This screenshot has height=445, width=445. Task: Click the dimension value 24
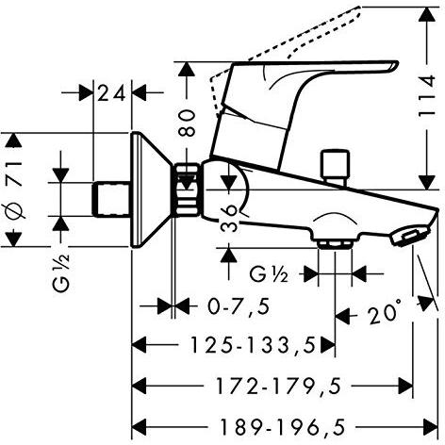pos(113,92)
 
